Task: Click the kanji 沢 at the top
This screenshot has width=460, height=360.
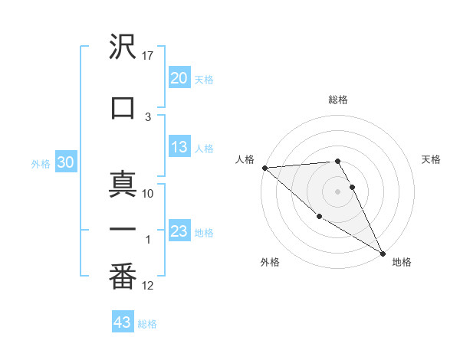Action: pos(123,47)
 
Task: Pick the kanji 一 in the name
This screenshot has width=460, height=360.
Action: pos(123,230)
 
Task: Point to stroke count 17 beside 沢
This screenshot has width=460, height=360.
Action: pos(149,55)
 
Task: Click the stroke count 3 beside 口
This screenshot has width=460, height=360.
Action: pos(148,116)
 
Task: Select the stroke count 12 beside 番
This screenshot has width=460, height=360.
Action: pos(148,286)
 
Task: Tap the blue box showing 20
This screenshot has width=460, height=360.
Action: pos(179,78)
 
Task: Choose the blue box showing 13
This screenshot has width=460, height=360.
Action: pos(179,148)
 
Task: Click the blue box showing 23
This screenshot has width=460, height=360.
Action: pos(179,231)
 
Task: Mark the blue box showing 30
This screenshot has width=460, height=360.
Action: pos(65,163)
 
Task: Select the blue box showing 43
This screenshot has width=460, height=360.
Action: pos(123,322)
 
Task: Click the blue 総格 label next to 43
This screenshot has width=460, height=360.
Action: pos(147,324)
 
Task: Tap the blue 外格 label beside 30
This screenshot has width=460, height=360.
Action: pos(41,164)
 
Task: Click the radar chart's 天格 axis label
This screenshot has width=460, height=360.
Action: pos(432,159)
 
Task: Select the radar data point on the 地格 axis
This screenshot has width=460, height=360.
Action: pos(383,253)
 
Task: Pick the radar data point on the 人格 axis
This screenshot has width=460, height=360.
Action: pos(264,168)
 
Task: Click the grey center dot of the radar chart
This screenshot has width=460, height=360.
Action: pos(337,191)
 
